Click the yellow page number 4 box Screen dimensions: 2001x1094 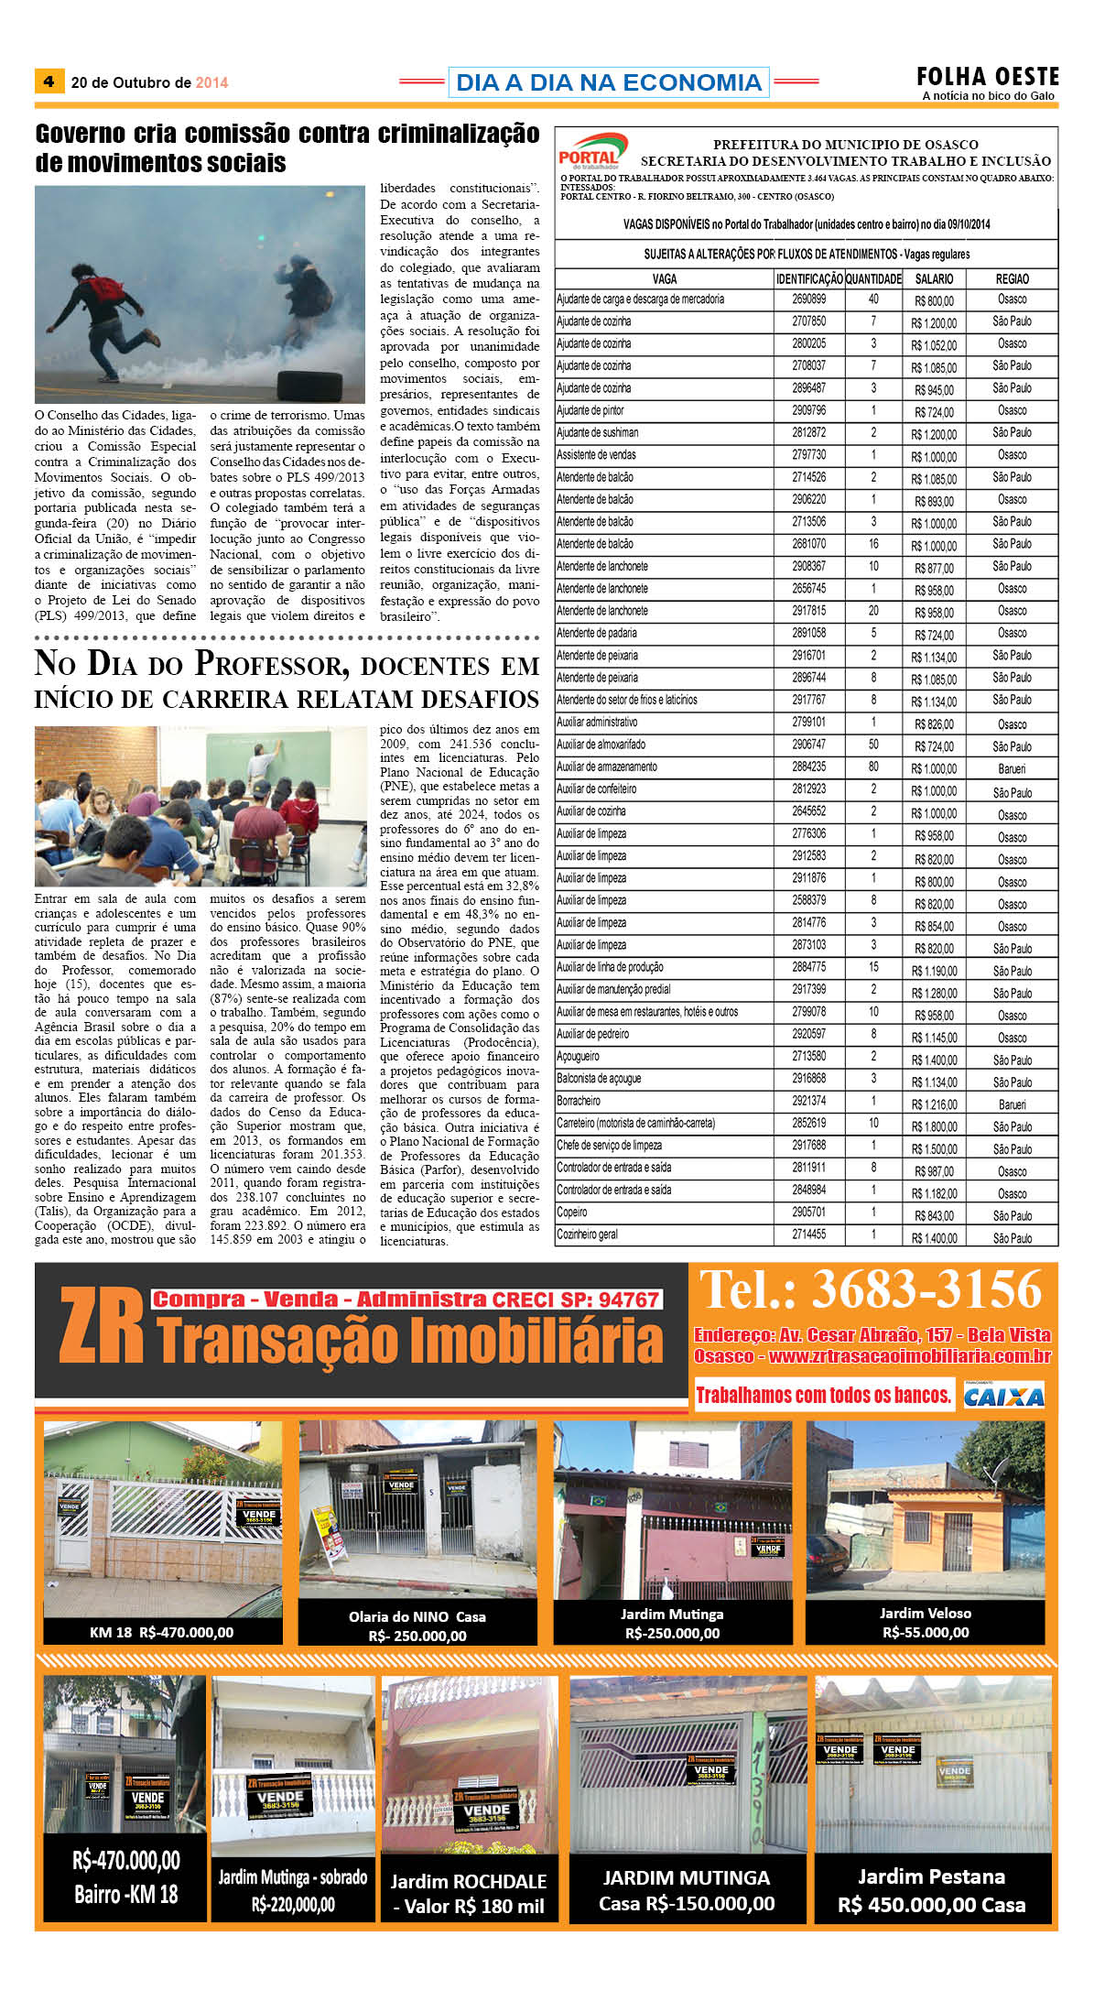[x=49, y=82]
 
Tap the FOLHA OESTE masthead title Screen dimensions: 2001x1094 [x=987, y=76]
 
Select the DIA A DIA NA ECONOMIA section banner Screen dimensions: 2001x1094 [x=608, y=82]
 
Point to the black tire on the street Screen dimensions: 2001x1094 [x=309, y=385]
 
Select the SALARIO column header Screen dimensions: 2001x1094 [x=934, y=278]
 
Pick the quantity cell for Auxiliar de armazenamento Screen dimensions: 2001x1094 [x=873, y=767]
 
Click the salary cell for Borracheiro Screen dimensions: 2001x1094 [x=934, y=1104]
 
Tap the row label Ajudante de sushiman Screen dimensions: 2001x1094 [x=598, y=432]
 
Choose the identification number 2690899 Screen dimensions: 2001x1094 [x=808, y=299]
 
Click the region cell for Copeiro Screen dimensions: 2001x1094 [x=1012, y=1215]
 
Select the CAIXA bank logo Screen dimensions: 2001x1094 [x=1003, y=1396]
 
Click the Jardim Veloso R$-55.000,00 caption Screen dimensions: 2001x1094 [x=925, y=1622]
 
